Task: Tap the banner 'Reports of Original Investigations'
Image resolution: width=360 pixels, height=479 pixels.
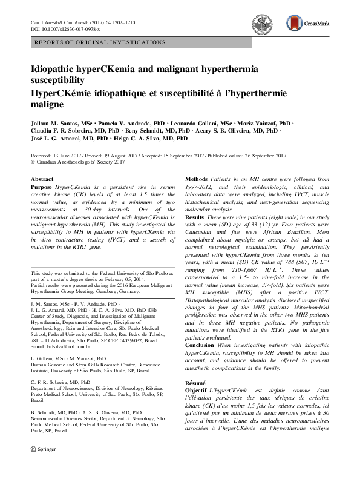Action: point(100,42)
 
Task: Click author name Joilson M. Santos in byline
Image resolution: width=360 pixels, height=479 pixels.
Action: point(57,124)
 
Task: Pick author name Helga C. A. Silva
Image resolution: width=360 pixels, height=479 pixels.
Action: point(145,139)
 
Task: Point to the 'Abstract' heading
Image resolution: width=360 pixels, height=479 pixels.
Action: point(42,180)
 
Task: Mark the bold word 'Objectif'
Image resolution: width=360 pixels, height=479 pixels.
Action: point(197,392)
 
